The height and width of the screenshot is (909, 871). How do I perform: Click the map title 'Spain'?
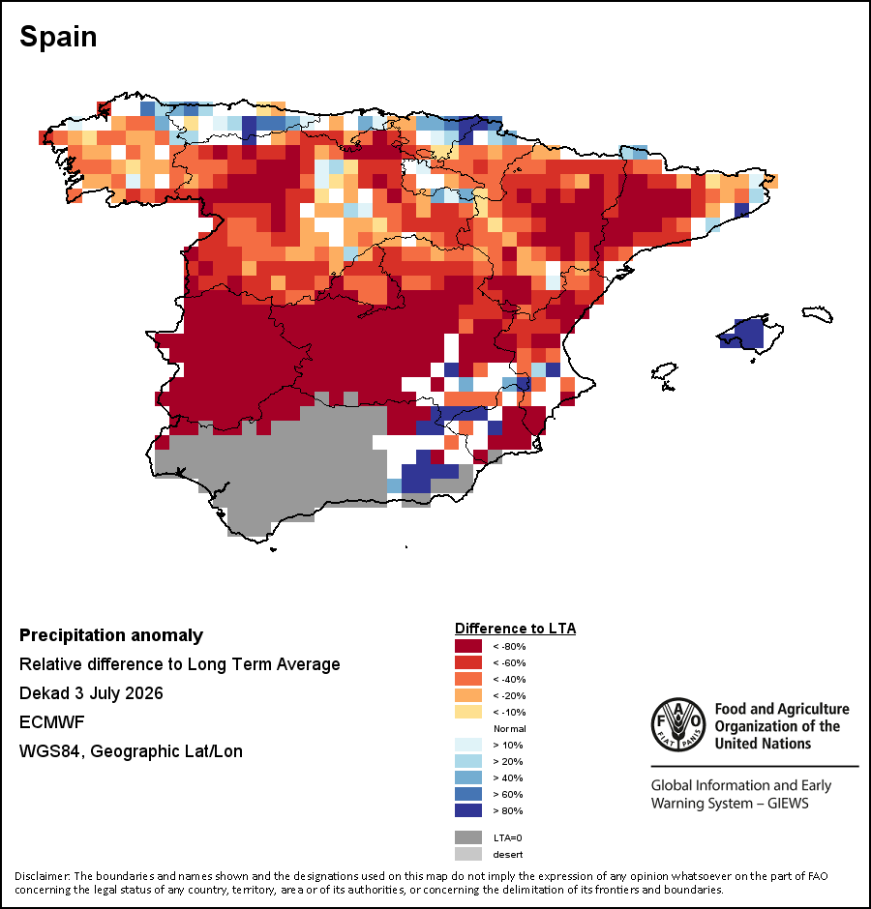(x=58, y=37)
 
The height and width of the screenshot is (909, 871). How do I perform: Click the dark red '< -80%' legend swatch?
(x=468, y=646)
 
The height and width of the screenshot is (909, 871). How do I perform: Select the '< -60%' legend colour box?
(x=468, y=662)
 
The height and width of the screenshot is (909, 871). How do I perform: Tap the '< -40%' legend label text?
(x=509, y=680)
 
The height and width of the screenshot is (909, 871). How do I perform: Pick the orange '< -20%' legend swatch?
(x=468, y=695)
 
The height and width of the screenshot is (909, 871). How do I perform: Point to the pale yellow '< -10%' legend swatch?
(x=468, y=712)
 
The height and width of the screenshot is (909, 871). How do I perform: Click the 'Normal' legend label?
(x=509, y=729)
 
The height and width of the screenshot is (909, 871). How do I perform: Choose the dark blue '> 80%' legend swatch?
(x=468, y=810)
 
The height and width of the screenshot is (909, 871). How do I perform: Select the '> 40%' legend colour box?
(x=468, y=777)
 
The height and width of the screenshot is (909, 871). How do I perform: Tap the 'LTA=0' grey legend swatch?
(x=468, y=837)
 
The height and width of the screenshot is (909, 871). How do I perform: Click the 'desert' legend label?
(x=508, y=855)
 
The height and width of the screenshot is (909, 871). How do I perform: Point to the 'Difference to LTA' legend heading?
(x=515, y=629)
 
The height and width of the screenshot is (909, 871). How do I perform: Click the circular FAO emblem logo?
(x=678, y=724)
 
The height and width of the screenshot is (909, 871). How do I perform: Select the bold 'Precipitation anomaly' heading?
(x=111, y=635)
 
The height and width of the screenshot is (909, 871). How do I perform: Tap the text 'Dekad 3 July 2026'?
(x=91, y=693)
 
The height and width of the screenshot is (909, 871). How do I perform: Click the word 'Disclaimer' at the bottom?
(x=42, y=876)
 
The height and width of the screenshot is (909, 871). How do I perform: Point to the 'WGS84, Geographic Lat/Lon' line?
(x=132, y=751)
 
